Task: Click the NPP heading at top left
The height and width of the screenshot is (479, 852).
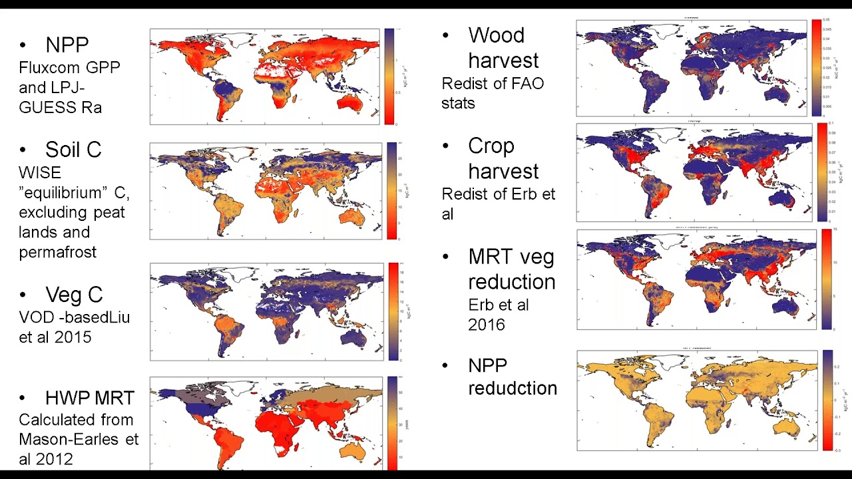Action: point(67,45)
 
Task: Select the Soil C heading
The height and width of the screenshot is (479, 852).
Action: point(73,150)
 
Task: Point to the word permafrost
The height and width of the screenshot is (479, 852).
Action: point(58,252)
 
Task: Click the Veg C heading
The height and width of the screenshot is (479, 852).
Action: point(73,295)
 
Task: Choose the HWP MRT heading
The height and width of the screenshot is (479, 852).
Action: point(89,398)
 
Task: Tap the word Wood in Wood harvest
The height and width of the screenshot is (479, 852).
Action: point(496,35)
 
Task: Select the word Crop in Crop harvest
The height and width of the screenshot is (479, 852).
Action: point(491,146)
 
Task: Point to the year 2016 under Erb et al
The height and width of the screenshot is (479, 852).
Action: point(486,325)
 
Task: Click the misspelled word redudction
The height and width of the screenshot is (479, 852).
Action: point(512,388)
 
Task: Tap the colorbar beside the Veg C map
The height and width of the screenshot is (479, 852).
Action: point(393,311)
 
